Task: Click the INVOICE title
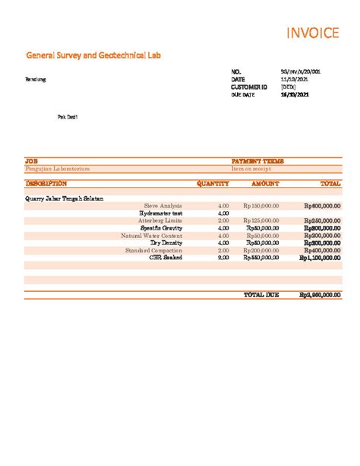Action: pos(311,33)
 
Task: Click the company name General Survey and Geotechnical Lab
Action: pos(93,55)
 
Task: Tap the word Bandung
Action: pos(36,79)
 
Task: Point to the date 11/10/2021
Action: pos(295,79)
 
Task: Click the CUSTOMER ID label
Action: pos(249,87)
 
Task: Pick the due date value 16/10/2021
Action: pos(295,94)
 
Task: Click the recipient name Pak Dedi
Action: pos(68,117)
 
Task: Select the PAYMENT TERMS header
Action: pos(257,161)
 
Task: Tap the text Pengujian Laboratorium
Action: pos(58,168)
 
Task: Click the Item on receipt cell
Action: pos(251,168)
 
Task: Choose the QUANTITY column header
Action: pos(213,183)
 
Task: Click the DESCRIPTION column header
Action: pos(46,183)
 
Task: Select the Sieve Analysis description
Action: pos(163,205)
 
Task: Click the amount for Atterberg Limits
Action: pos(261,220)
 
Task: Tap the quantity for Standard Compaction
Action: pos(223,250)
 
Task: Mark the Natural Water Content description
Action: pos(151,236)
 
